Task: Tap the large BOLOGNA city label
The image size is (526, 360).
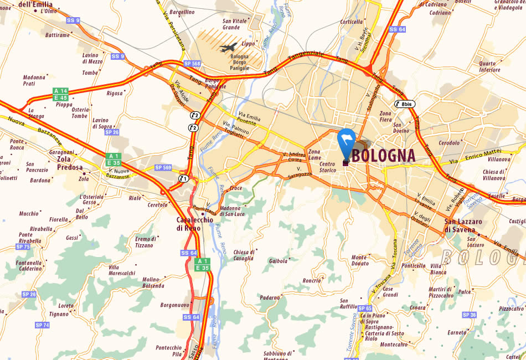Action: [383, 155]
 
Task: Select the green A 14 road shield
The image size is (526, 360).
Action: [60, 91]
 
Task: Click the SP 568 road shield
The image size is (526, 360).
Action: [193, 63]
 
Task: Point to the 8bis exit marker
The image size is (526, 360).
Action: [405, 104]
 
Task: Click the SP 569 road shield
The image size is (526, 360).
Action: [163, 167]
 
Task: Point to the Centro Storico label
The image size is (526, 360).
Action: [328, 167]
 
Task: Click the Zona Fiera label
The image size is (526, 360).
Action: [386, 116]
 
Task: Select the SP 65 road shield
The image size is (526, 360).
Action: [365, 308]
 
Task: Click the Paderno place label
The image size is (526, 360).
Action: [270, 297]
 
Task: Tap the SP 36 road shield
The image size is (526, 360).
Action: [469, 315]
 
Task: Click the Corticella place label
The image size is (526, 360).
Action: [352, 22]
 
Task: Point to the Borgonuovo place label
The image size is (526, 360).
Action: [175, 305]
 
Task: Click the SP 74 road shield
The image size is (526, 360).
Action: [42, 325]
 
